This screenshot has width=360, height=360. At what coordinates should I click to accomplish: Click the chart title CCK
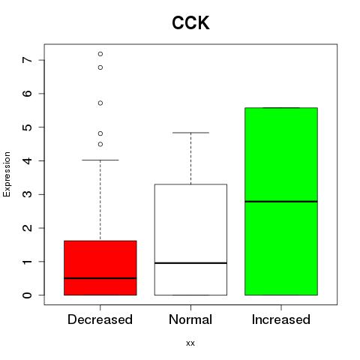(190, 23)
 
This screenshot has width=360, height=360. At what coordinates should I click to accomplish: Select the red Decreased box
(100, 268)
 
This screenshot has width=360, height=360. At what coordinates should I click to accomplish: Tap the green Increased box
(281, 201)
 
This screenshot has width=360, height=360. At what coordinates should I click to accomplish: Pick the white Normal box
(190, 239)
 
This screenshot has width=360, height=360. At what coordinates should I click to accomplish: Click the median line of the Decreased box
(100, 278)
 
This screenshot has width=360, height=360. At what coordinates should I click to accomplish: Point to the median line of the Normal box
(190, 263)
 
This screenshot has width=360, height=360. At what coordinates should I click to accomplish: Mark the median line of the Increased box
(281, 201)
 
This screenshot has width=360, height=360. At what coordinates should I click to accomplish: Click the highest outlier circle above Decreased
(100, 54)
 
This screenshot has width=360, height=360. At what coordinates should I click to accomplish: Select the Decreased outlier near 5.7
(100, 103)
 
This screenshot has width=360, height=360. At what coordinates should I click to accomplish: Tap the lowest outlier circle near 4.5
(100, 144)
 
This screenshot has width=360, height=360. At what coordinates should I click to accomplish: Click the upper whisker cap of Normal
(190, 133)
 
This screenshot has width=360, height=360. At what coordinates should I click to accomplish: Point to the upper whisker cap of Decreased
(100, 160)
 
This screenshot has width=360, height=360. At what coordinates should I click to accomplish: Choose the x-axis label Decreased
(100, 319)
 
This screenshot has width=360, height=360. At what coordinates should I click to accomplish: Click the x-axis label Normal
(190, 319)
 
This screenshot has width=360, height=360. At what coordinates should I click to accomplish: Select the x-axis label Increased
(281, 319)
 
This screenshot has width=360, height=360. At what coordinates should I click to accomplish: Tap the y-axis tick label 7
(28, 60)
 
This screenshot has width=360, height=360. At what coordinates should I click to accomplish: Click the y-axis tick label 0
(28, 295)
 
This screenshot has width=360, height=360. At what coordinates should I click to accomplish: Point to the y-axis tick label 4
(28, 160)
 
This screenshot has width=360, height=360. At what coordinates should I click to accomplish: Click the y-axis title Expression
(7, 174)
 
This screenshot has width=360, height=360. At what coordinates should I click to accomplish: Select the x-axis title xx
(190, 343)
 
